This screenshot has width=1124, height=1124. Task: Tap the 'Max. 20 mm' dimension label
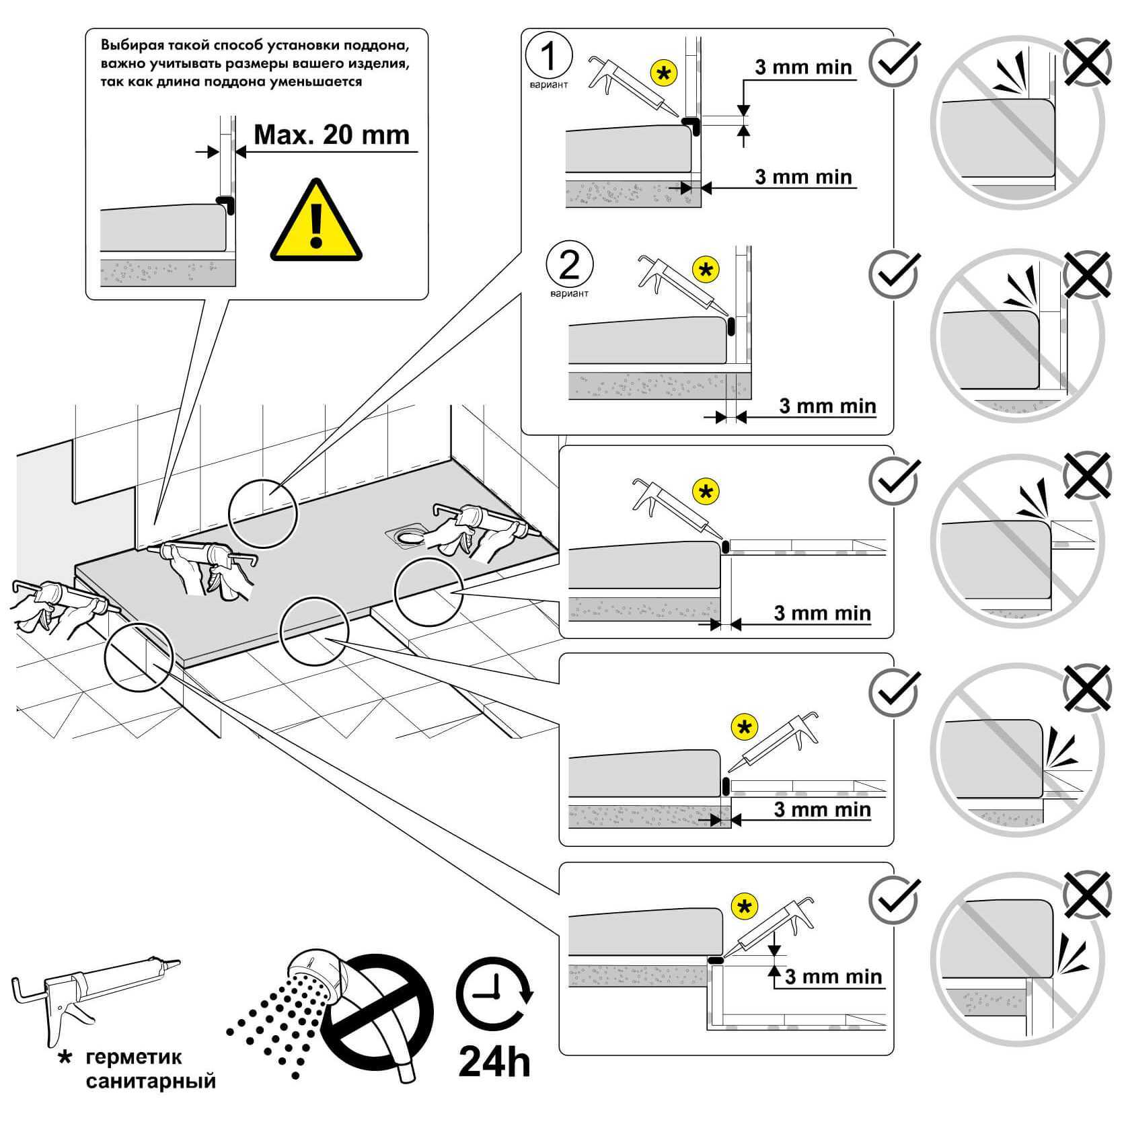tap(332, 135)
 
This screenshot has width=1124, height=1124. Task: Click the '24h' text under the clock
tap(494, 1061)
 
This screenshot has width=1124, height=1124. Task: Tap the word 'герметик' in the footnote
tap(134, 1057)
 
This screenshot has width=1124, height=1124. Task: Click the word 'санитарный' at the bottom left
tap(151, 1081)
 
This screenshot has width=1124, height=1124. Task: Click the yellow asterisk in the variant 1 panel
tap(664, 73)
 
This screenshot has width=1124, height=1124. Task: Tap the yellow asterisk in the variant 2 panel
tap(706, 270)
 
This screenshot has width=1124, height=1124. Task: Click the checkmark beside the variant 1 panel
tap(894, 61)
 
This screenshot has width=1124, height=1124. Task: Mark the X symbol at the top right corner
tap(1087, 61)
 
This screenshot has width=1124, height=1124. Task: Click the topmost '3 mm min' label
tap(803, 67)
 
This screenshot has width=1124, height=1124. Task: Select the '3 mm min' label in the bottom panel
tap(833, 976)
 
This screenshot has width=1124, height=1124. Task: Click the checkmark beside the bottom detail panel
tap(894, 900)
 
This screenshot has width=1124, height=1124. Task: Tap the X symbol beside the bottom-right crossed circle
tap(1087, 896)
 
